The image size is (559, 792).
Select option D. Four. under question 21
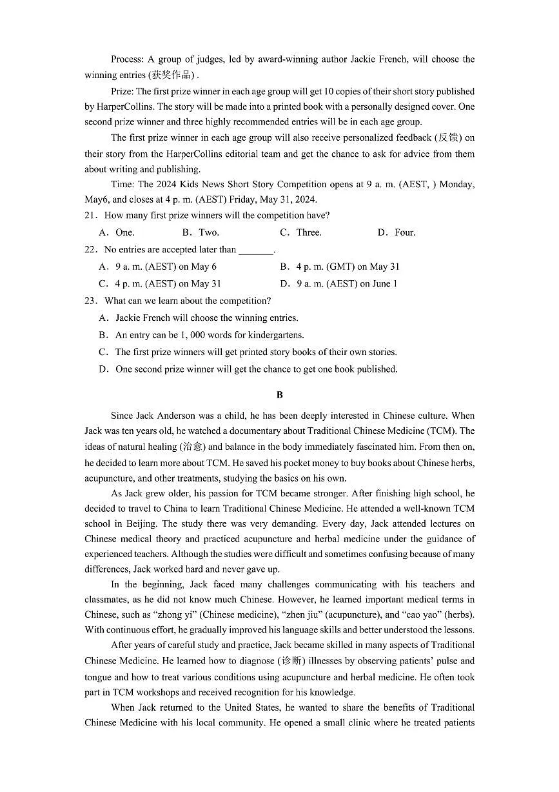(x=397, y=232)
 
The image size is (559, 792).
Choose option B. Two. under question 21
(x=201, y=232)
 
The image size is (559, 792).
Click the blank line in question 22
(x=255, y=250)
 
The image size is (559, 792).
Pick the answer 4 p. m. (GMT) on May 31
(x=340, y=267)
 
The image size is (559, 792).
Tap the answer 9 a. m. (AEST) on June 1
(x=338, y=283)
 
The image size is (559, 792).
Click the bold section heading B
(x=279, y=394)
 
